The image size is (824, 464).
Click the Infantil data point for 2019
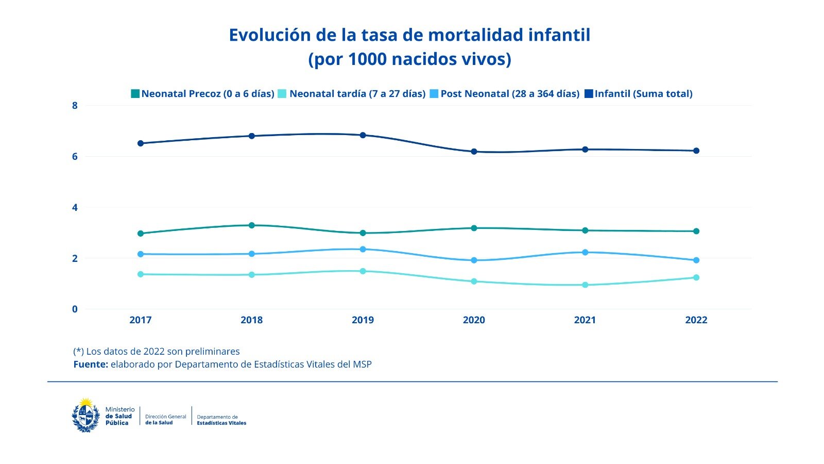point(363,135)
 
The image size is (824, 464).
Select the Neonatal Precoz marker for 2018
point(251,225)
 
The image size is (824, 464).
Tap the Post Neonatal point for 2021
point(585,252)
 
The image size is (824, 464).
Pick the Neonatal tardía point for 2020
point(474,281)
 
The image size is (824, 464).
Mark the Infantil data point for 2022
point(696,151)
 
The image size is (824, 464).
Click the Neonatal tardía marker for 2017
point(140,274)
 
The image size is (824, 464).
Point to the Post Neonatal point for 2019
point(363,249)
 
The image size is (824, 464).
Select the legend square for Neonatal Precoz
point(135,94)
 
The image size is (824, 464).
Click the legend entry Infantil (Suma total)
point(643,94)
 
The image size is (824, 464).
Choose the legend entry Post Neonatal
point(509,94)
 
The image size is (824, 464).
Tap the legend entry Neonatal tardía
point(357,94)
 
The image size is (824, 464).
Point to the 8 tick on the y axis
point(75,106)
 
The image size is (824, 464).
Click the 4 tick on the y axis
point(75,207)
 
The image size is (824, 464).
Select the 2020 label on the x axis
point(474,320)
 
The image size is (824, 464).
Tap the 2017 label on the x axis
point(140,320)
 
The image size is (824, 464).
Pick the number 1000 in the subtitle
point(367,59)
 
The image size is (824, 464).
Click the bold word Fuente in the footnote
point(90,364)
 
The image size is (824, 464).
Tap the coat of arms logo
point(85,415)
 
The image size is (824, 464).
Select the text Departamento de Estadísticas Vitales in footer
point(221,420)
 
